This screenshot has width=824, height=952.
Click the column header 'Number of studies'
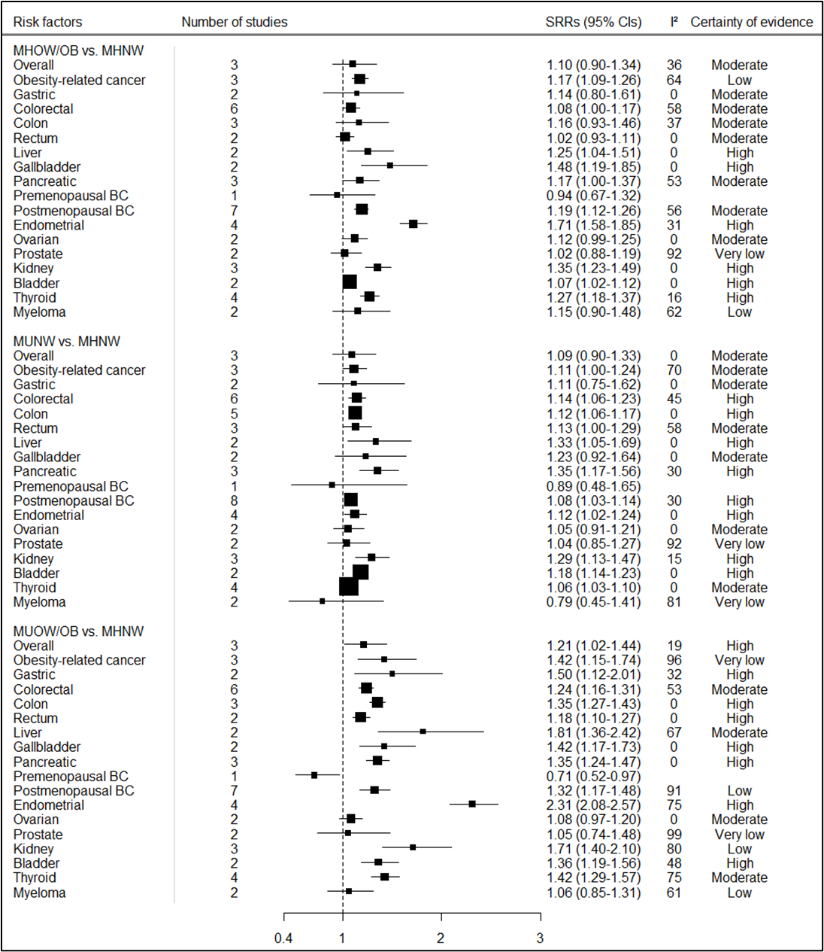point(234,22)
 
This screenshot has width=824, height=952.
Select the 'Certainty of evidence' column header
point(751,22)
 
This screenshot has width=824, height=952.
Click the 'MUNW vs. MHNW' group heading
point(66,341)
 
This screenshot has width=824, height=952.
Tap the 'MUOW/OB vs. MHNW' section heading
point(78,631)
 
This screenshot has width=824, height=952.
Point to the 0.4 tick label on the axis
point(283,938)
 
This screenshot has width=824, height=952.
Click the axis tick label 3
point(540,938)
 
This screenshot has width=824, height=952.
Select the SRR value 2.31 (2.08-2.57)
point(594,805)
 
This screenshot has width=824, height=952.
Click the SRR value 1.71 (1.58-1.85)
point(594,225)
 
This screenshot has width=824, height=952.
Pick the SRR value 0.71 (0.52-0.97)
point(594,776)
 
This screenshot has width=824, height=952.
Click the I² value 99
point(674,835)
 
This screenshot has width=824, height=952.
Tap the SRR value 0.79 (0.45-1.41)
point(594,602)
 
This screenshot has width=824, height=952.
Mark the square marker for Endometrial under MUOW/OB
point(472,804)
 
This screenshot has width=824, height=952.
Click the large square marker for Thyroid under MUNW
point(349,587)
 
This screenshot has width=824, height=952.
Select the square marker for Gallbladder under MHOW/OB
point(389,166)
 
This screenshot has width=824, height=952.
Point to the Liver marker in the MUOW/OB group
point(423,731)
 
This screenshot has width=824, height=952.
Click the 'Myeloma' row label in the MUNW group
point(39,602)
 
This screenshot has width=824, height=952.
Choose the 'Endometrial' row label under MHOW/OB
point(48,225)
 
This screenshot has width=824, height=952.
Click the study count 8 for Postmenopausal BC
point(235,500)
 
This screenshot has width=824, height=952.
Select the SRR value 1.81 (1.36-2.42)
point(594,732)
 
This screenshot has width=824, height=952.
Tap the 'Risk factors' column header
point(47,22)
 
